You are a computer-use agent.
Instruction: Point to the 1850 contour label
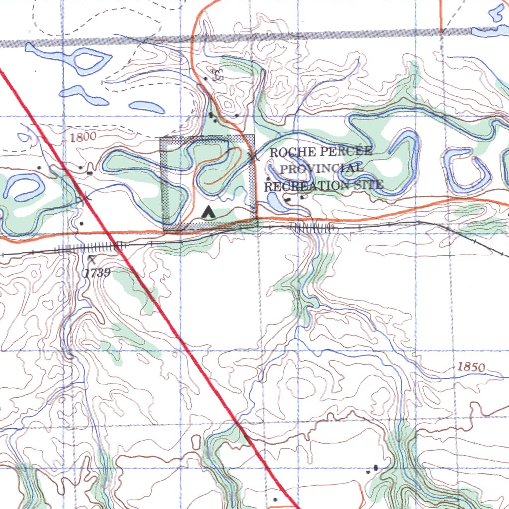click(x=470, y=367)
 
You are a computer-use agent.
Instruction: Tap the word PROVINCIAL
click(x=321, y=169)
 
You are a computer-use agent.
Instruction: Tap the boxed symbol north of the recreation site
click(x=217, y=76)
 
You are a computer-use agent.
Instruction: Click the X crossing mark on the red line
click(x=85, y=198)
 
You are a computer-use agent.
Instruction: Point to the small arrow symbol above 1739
click(x=91, y=258)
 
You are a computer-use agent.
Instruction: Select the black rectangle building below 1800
click(x=90, y=173)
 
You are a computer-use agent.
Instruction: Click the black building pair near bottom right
click(x=374, y=468)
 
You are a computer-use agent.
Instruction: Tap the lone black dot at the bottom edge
click(x=275, y=499)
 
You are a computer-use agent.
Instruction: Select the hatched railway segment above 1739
click(x=89, y=247)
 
